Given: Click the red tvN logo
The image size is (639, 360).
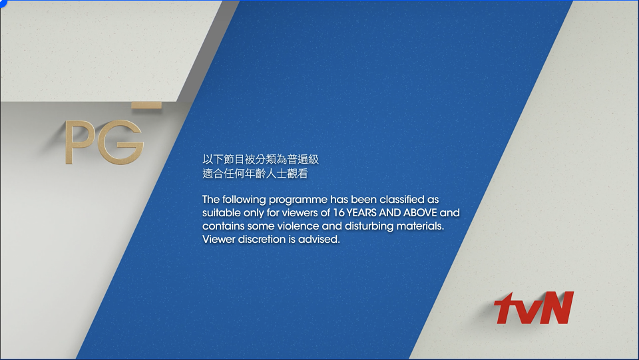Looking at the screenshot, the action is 534,308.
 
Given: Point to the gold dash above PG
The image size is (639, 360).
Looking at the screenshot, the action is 146,106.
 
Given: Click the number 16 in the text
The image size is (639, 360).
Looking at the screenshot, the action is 339,212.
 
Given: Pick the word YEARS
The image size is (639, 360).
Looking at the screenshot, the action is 362,212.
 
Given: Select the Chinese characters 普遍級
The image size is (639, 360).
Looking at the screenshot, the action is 304,159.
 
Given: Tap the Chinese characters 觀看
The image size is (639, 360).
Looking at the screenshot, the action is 298,174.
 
